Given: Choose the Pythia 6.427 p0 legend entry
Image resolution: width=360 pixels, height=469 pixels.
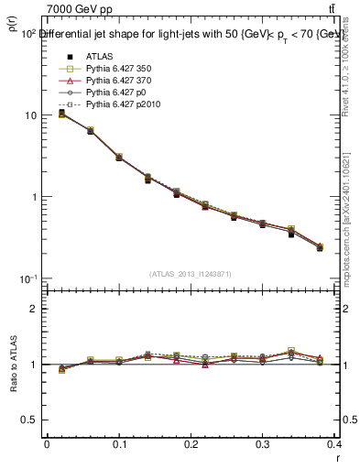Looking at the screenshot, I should (x=114, y=93).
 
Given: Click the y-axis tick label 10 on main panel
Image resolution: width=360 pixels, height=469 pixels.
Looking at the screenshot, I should (x=31, y=115).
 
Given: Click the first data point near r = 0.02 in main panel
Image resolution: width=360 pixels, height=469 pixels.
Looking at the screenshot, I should (x=61, y=113).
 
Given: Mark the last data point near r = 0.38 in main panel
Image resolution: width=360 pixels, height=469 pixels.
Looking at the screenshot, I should (x=320, y=247).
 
